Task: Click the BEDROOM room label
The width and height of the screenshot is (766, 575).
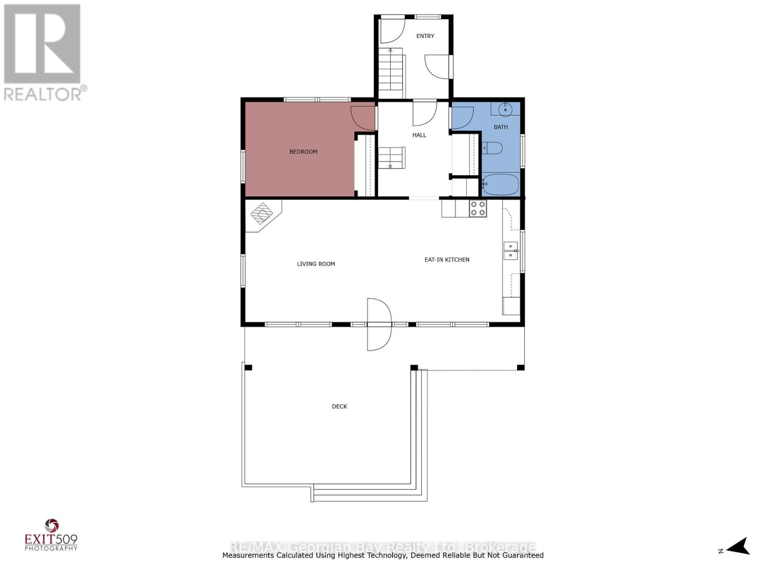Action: coord(303,151)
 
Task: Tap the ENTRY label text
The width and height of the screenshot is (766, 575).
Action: coord(425,36)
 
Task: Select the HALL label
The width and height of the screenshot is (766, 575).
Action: coord(419,135)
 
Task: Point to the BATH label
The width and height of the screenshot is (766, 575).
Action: coord(500,127)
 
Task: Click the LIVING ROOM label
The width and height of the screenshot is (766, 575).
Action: coord(316,264)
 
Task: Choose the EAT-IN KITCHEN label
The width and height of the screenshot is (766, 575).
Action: coord(447,260)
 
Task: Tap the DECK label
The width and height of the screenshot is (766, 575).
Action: coord(339,406)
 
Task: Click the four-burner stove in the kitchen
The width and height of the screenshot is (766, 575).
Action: coord(478,208)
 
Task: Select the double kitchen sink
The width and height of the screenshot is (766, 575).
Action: coord(510,251)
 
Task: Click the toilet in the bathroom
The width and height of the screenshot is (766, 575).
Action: coord(492,148)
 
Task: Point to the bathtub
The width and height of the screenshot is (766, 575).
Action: coord(500,184)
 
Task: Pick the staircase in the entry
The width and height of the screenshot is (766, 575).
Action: coord(391,73)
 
